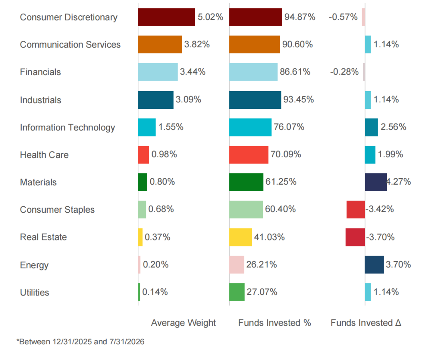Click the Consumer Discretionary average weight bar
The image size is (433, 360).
(x=166, y=17)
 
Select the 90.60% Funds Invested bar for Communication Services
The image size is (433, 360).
(x=255, y=45)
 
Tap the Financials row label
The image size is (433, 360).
(x=40, y=72)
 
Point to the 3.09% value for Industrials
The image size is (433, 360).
(x=188, y=100)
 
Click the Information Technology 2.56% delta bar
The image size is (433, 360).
(x=371, y=127)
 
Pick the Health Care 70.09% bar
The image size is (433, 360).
(x=249, y=155)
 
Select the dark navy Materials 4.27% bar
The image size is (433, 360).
(x=376, y=182)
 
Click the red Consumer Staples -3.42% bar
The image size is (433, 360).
(x=356, y=209)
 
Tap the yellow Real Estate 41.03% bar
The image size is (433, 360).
(x=241, y=237)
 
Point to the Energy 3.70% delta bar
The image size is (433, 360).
(x=374, y=264)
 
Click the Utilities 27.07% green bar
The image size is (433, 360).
(x=237, y=292)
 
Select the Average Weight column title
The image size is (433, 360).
(x=183, y=323)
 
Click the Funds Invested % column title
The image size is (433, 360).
(x=275, y=323)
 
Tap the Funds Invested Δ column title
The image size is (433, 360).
(x=366, y=323)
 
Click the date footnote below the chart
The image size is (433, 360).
(x=80, y=342)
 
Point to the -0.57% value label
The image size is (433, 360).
(x=343, y=17)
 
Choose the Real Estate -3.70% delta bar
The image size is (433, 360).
(x=355, y=237)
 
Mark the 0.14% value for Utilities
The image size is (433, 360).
(x=155, y=292)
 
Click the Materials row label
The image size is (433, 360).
(x=38, y=183)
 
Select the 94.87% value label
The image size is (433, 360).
(x=300, y=17)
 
